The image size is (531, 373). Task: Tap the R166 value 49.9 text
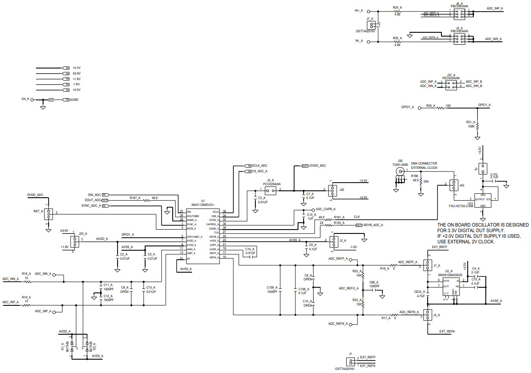(x=415, y=180)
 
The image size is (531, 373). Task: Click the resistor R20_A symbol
(x=440, y=108)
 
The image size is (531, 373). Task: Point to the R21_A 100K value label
(x=471, y=126)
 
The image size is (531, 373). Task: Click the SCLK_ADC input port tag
(x=259, y=165)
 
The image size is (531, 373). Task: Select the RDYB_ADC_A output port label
(x=373, y=225)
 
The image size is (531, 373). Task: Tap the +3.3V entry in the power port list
(x=76, y=68)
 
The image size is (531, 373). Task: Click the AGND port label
(x=74, y=99)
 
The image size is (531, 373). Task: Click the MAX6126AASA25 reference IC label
(x=450, y=275)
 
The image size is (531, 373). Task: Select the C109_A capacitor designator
(x=273, y=287)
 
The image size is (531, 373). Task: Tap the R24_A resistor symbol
(x=397, y=12)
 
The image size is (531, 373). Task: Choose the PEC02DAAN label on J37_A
(x=451, y=78)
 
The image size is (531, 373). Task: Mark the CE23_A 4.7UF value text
(x=421, y=296)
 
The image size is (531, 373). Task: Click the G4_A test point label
(x=25, y=99)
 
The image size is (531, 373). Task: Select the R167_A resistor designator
(x=136, y=198)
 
